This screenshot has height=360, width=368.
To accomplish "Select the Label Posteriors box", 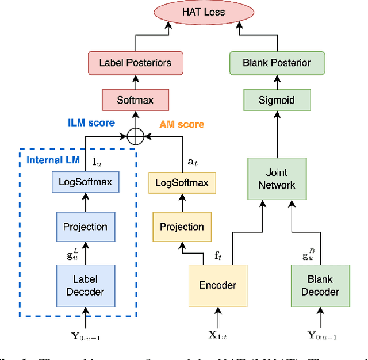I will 136,63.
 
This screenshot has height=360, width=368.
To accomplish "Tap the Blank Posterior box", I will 277,63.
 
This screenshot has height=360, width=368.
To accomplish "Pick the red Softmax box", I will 136,100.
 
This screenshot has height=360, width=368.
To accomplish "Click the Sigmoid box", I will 277,100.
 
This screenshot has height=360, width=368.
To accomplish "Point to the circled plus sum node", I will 136,137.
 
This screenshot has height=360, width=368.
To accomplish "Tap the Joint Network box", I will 277,179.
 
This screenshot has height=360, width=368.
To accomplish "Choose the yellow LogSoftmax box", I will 182,183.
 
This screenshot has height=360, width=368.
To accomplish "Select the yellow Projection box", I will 182,227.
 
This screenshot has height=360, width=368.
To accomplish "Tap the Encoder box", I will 218,285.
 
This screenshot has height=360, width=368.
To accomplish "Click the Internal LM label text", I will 53,159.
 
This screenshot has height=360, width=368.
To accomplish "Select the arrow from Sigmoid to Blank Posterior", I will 277,81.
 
